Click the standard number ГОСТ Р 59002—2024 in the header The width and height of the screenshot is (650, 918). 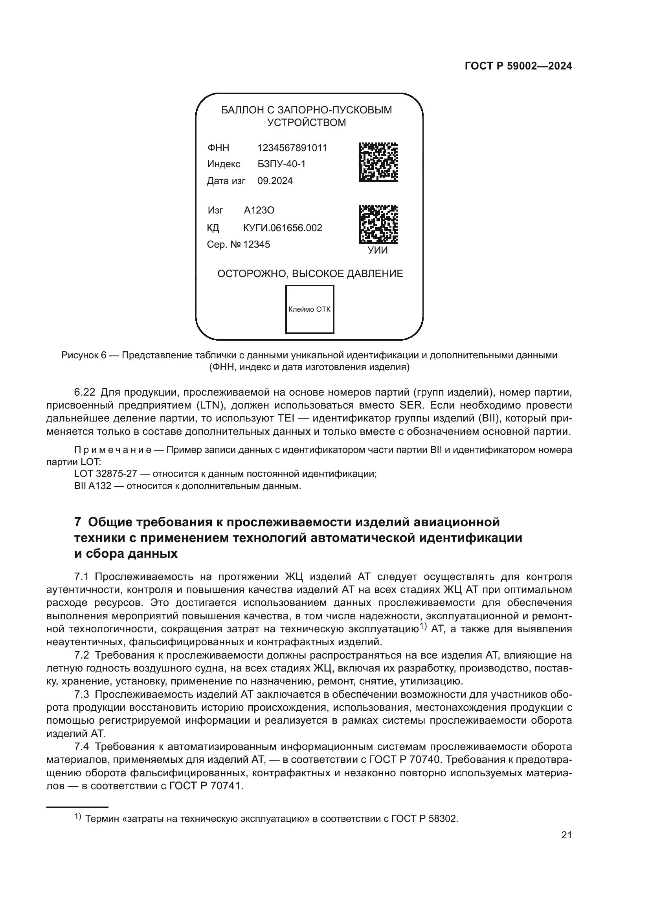(518, 66)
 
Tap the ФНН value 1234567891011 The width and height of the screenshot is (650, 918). (292, 148)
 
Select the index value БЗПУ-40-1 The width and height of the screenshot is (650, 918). (281, 164)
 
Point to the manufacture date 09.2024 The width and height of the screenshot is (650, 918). (275, 181)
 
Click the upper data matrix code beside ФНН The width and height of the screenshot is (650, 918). (378, 162)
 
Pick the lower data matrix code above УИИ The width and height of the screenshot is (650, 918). (378, 224)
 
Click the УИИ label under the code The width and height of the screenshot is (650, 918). (378, 250)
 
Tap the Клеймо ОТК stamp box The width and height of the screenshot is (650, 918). (309, 309)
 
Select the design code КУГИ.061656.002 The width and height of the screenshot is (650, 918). (283, 228)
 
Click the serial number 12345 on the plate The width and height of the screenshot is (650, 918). (257, 244)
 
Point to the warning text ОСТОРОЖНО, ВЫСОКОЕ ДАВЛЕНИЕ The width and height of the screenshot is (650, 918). (310, 274)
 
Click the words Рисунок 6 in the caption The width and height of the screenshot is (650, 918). (84, 355)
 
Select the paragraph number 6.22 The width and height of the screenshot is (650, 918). (84, 392)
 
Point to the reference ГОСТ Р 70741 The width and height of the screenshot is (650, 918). (206, 786)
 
